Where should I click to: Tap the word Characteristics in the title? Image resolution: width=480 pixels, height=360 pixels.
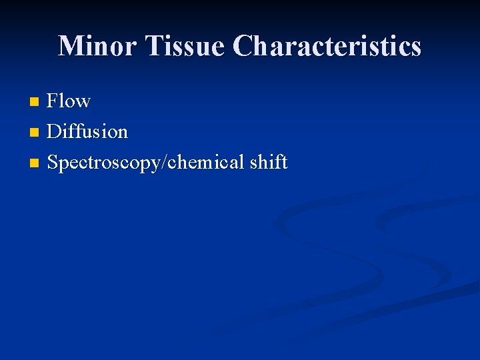click(x=327, y=46)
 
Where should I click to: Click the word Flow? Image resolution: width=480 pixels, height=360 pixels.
click(x=69, y=101)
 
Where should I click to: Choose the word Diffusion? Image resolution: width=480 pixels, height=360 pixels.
click(x=87, y=131)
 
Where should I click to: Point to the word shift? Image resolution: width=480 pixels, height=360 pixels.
click(x=267, y=162)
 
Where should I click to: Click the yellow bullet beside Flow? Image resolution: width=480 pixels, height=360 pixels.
click(x=35, y=102)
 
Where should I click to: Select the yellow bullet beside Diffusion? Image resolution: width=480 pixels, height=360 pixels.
click(x=35, y=133)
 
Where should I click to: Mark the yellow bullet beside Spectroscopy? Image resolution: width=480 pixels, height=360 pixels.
click(x=35, y=163)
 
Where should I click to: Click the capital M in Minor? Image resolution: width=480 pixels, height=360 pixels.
click(x=69, y=46)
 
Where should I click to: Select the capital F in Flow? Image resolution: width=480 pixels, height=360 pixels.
click(x=53, y=101)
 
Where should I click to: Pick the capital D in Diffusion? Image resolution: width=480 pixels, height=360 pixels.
click(x=55, y=131)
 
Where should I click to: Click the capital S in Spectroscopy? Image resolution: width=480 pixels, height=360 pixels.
click(x=53, y=162)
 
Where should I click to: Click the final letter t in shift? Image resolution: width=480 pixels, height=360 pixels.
click(x=284, y=163)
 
